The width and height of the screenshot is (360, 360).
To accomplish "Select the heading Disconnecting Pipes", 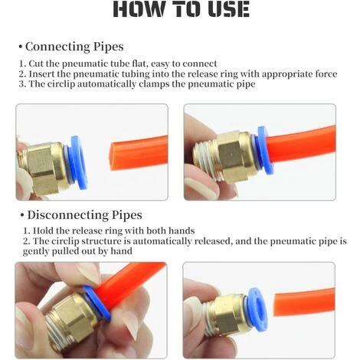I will (x=84, y=215).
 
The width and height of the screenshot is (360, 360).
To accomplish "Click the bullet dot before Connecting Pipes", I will (x=20, y=47).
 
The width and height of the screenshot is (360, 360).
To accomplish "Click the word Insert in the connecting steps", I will (x=45, y=74).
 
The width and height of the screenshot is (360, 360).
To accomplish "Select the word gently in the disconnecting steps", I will (x=39, y=250).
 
